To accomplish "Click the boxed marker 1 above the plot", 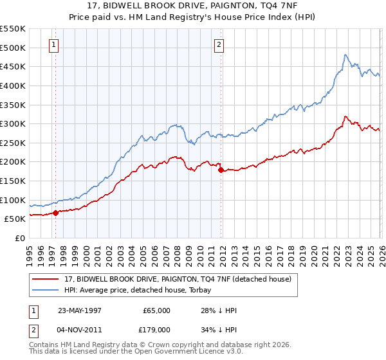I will pos(52,44).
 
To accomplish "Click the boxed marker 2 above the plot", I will pos(219,44).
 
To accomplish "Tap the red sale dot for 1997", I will pos(56,213).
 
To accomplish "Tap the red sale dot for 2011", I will pos(220,170).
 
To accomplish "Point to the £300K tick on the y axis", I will pos(14,123).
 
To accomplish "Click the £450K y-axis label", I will pos(14,66).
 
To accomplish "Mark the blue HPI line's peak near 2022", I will pos(345,55).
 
